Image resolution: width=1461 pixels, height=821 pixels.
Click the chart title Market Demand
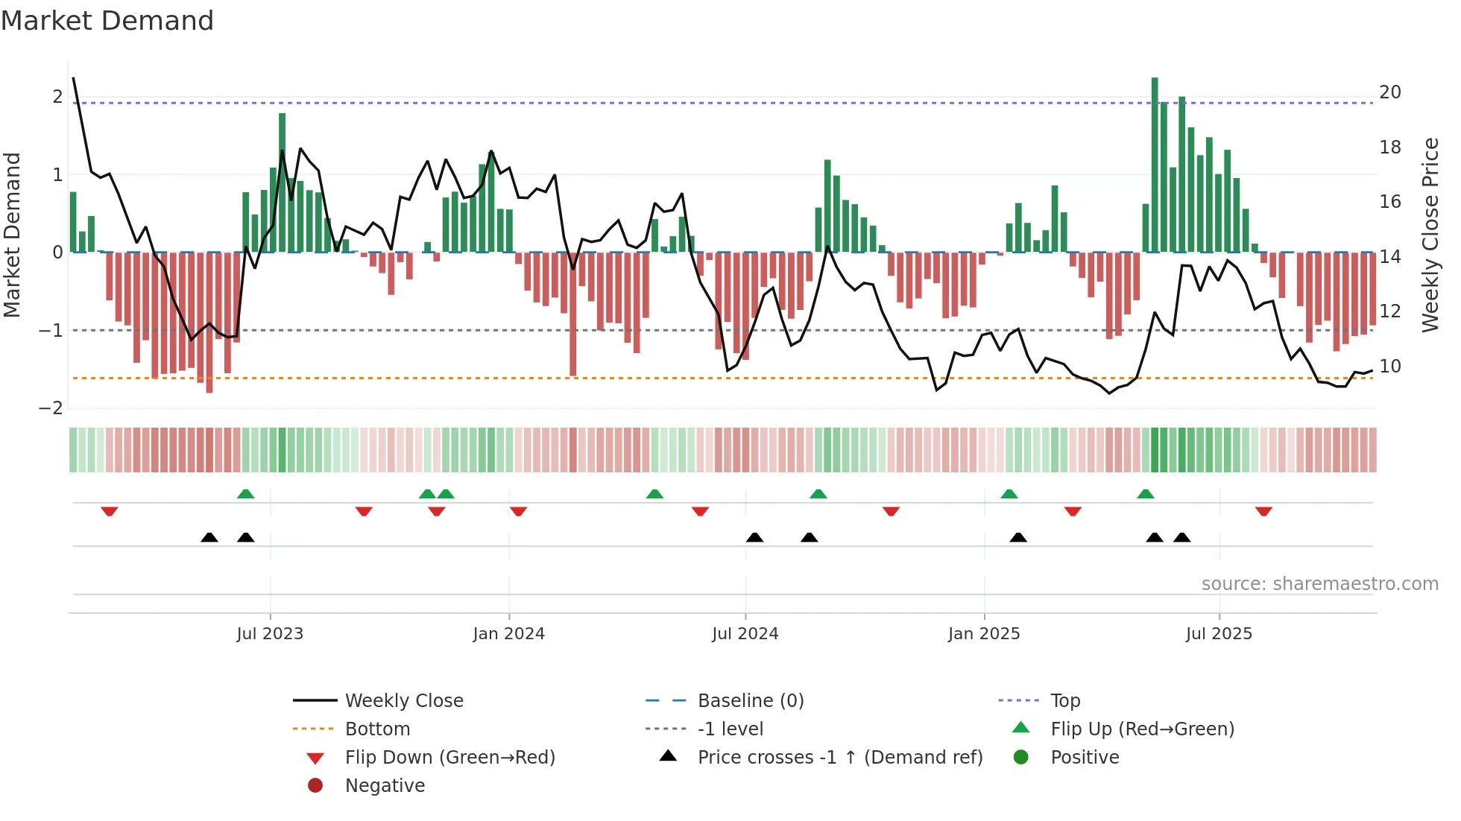(107, 20)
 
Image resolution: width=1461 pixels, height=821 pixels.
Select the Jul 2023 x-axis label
(270, 633)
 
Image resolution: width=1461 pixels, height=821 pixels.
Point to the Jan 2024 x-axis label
(509, 633)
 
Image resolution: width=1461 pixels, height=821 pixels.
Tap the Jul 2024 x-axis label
(745, 633)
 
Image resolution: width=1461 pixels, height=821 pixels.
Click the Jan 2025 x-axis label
(984, 633)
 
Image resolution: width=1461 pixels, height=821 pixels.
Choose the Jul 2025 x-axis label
(1219, 633)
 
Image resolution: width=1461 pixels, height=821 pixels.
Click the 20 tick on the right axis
(1390, 92)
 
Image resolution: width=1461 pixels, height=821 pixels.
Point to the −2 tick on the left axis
(51, 408)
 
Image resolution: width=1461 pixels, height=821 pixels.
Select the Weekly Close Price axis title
(1430, 235)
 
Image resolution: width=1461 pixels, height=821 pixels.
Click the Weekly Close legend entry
(404, 700)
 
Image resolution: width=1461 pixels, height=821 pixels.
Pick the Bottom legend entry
(377, 729)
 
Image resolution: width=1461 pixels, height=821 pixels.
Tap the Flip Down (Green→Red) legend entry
(449, 757)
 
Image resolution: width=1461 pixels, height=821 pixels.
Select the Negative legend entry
(385, 785)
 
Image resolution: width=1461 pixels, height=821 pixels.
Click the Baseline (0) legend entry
(751, 700)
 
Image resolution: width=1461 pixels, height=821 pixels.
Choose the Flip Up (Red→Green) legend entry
(1142, 729)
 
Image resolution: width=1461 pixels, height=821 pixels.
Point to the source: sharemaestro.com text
(1319, 583)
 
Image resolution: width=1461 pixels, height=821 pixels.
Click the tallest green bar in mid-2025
(1155, 164)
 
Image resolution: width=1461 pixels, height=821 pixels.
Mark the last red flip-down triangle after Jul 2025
(1263, 511)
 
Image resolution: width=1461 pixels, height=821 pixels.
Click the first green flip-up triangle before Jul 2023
(245, 494)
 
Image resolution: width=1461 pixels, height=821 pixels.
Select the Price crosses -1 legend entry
(840, 757)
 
